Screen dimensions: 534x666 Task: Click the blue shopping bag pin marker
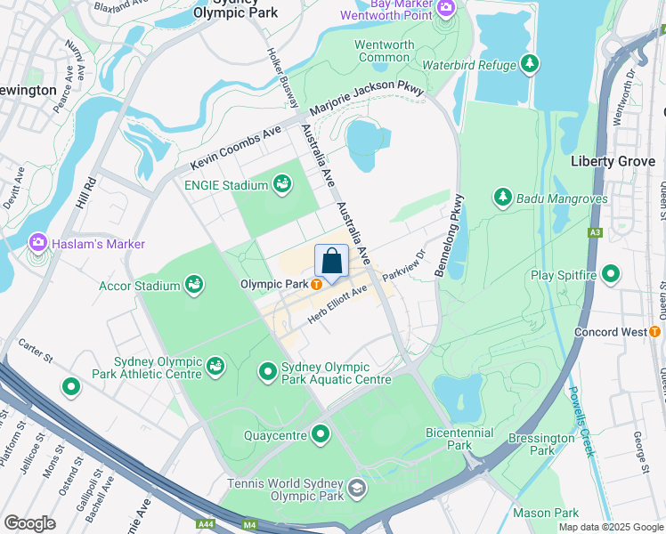(331, 263)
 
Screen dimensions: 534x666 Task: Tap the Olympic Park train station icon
(316, 285)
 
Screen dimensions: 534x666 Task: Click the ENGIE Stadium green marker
(282, 184)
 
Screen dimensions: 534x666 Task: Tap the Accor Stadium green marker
(194, 285)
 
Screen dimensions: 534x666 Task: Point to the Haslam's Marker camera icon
(38, 242)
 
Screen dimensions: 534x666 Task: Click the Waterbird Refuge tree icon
(530, 64)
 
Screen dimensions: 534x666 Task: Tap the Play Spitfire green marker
(611, 275)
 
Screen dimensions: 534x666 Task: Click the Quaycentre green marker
(321, 434)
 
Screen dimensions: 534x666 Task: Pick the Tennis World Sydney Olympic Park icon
(357, 488)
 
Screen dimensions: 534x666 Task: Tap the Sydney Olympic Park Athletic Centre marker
(215, 366)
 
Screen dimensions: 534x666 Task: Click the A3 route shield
(596, 232)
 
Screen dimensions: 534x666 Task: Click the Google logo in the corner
(29, 522)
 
